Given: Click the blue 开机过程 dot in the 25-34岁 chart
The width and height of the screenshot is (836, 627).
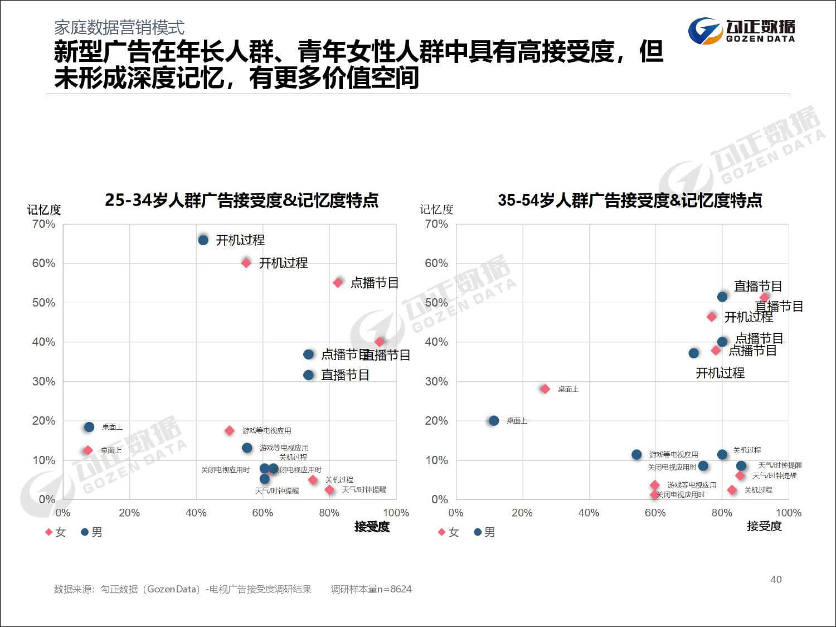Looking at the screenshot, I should tap(203, 240).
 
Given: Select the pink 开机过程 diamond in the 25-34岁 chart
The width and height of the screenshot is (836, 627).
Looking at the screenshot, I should tap(246, 263).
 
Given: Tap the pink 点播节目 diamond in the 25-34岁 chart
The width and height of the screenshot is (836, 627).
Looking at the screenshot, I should tap(338, 283).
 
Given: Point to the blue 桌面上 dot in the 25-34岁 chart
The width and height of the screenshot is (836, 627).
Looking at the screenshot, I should tap(89, 427).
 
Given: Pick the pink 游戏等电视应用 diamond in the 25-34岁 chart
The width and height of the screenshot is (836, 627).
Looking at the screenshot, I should tap(230, 430).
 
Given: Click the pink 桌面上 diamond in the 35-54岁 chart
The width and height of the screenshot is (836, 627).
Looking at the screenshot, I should tap(545, 389).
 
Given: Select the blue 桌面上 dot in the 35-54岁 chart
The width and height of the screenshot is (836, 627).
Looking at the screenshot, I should tap(494, 421).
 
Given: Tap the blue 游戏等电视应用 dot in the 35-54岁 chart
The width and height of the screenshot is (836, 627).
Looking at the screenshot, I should tap(636, 455).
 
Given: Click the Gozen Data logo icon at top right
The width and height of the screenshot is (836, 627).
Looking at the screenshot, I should tap(705, 31).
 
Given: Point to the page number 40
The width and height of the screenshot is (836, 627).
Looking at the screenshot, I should tap(776, 580).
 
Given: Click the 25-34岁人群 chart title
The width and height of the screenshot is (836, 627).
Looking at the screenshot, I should tap(241, 200).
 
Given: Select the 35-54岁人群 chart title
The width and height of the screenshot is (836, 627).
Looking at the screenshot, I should tap(630, 200).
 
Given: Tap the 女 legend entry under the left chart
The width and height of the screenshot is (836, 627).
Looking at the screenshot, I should tap(56, 532).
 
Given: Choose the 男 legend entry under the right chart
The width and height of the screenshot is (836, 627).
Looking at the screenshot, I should tap(484, 532).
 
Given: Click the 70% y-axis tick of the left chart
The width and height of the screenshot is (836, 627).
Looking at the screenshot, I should tap(43, 224).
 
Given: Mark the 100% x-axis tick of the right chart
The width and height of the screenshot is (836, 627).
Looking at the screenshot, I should tap(788, 513).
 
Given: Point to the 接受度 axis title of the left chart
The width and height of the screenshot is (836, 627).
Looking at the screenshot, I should tap(372, 527).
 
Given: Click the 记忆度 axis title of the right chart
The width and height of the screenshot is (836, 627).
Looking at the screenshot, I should tap(436, 210).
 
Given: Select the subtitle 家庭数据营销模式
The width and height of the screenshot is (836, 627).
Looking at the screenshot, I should tap(119, 27).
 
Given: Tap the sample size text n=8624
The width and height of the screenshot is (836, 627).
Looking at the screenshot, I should tap(371, 589).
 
